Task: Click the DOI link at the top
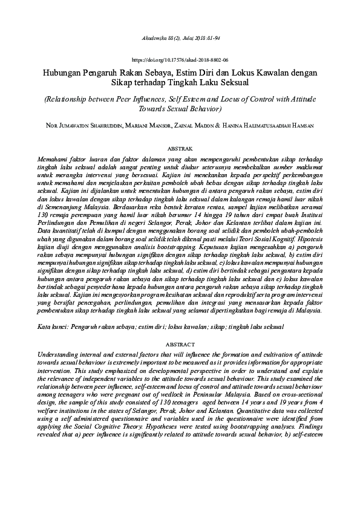point(180,61)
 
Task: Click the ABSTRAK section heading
point(180,148)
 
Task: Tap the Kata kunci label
point(51,327)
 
